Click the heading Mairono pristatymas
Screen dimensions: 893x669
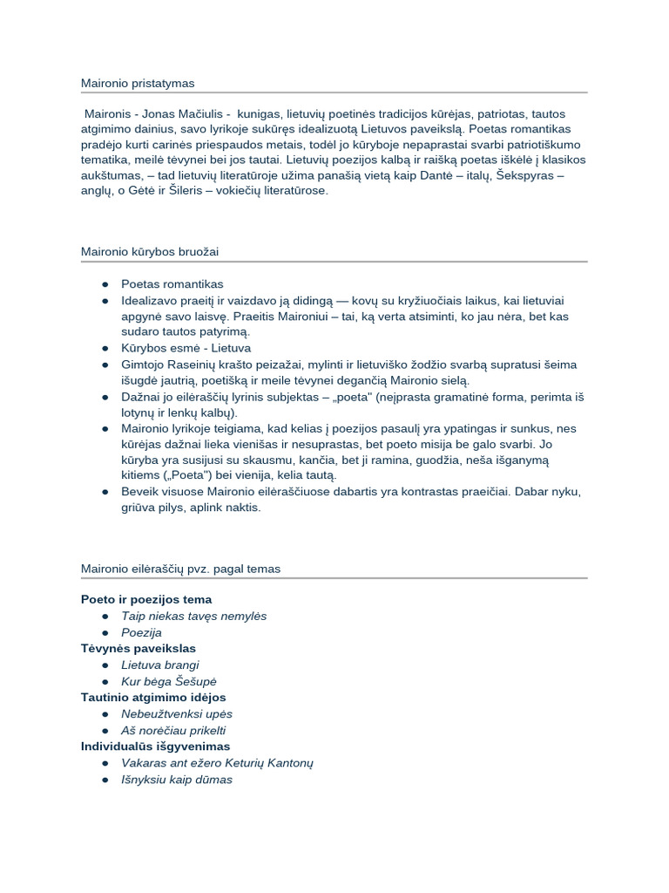138,83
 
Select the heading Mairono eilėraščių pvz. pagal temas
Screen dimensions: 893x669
180,569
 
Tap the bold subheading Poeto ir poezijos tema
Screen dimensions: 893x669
146,599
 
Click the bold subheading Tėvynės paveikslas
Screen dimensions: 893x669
139,648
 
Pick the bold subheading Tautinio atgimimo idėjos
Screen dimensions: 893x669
153,698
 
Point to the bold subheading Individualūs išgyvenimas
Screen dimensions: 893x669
155,746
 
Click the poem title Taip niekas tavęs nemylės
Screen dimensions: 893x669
193,616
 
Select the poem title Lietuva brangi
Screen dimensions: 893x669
160,665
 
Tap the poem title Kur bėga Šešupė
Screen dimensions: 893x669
168,681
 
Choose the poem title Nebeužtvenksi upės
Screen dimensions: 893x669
177,714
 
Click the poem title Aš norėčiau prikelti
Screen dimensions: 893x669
173,731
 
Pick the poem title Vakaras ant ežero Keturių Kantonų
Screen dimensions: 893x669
217,763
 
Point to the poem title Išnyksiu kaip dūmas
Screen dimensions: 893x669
177,780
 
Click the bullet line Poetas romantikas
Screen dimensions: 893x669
172,284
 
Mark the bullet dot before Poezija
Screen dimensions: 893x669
105,632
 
